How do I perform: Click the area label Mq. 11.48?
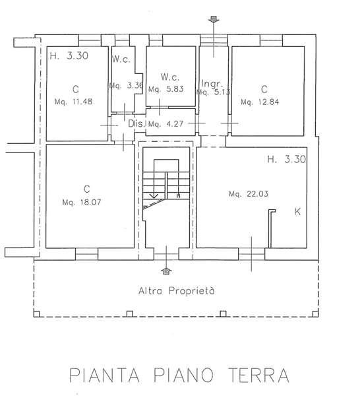[73, 102]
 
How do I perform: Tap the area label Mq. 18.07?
[82, 203]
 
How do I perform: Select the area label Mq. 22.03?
[249, 194]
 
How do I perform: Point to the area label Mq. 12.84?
[260, 102]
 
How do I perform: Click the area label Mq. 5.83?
[165, 89]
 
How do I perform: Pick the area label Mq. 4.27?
[165, 124]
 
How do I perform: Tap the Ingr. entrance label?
[212, 83]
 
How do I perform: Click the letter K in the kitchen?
[297, 212]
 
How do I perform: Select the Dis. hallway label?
[136, 123]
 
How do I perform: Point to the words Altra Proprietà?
[177, 290]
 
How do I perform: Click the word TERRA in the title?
[258, 375]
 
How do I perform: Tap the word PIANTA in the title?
[104, 375]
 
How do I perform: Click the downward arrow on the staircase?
[154, 196]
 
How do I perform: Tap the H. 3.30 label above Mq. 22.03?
[287, 159]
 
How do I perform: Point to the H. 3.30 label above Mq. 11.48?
[69, 55]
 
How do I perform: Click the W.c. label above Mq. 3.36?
[121, 59]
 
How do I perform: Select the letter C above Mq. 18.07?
[87, 189]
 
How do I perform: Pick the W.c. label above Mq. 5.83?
[170, 77]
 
